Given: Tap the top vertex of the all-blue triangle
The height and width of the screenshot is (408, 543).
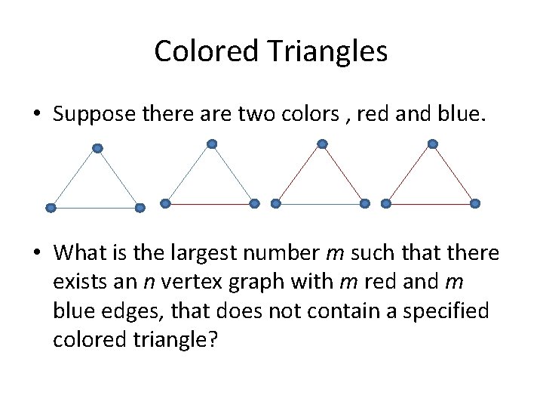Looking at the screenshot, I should (97, 149).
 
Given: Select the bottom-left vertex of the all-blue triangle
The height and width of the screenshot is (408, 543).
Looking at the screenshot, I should (51, 208).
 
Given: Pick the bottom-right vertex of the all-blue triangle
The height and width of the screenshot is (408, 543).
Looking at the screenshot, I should (140, 208).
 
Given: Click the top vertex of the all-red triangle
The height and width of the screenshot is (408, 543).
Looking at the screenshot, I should (432, 144).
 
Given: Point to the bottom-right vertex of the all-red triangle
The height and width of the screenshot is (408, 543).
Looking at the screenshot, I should (475, 203).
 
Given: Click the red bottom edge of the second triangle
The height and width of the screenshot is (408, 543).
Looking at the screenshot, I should (210, 203).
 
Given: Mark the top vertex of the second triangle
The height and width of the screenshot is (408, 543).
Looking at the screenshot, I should (212, 144).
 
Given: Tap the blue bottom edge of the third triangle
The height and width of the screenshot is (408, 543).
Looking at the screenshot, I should (321, 203).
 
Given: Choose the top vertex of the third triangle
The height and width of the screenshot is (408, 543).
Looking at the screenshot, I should (322, 144).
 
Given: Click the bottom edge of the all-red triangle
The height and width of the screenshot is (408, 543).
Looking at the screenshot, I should (431, 203).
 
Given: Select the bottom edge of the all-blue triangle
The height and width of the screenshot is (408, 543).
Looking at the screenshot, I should (95, 208).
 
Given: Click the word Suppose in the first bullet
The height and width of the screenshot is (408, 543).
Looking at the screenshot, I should (94, 114).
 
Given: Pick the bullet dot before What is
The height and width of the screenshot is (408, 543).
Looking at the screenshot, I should (37, 253).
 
